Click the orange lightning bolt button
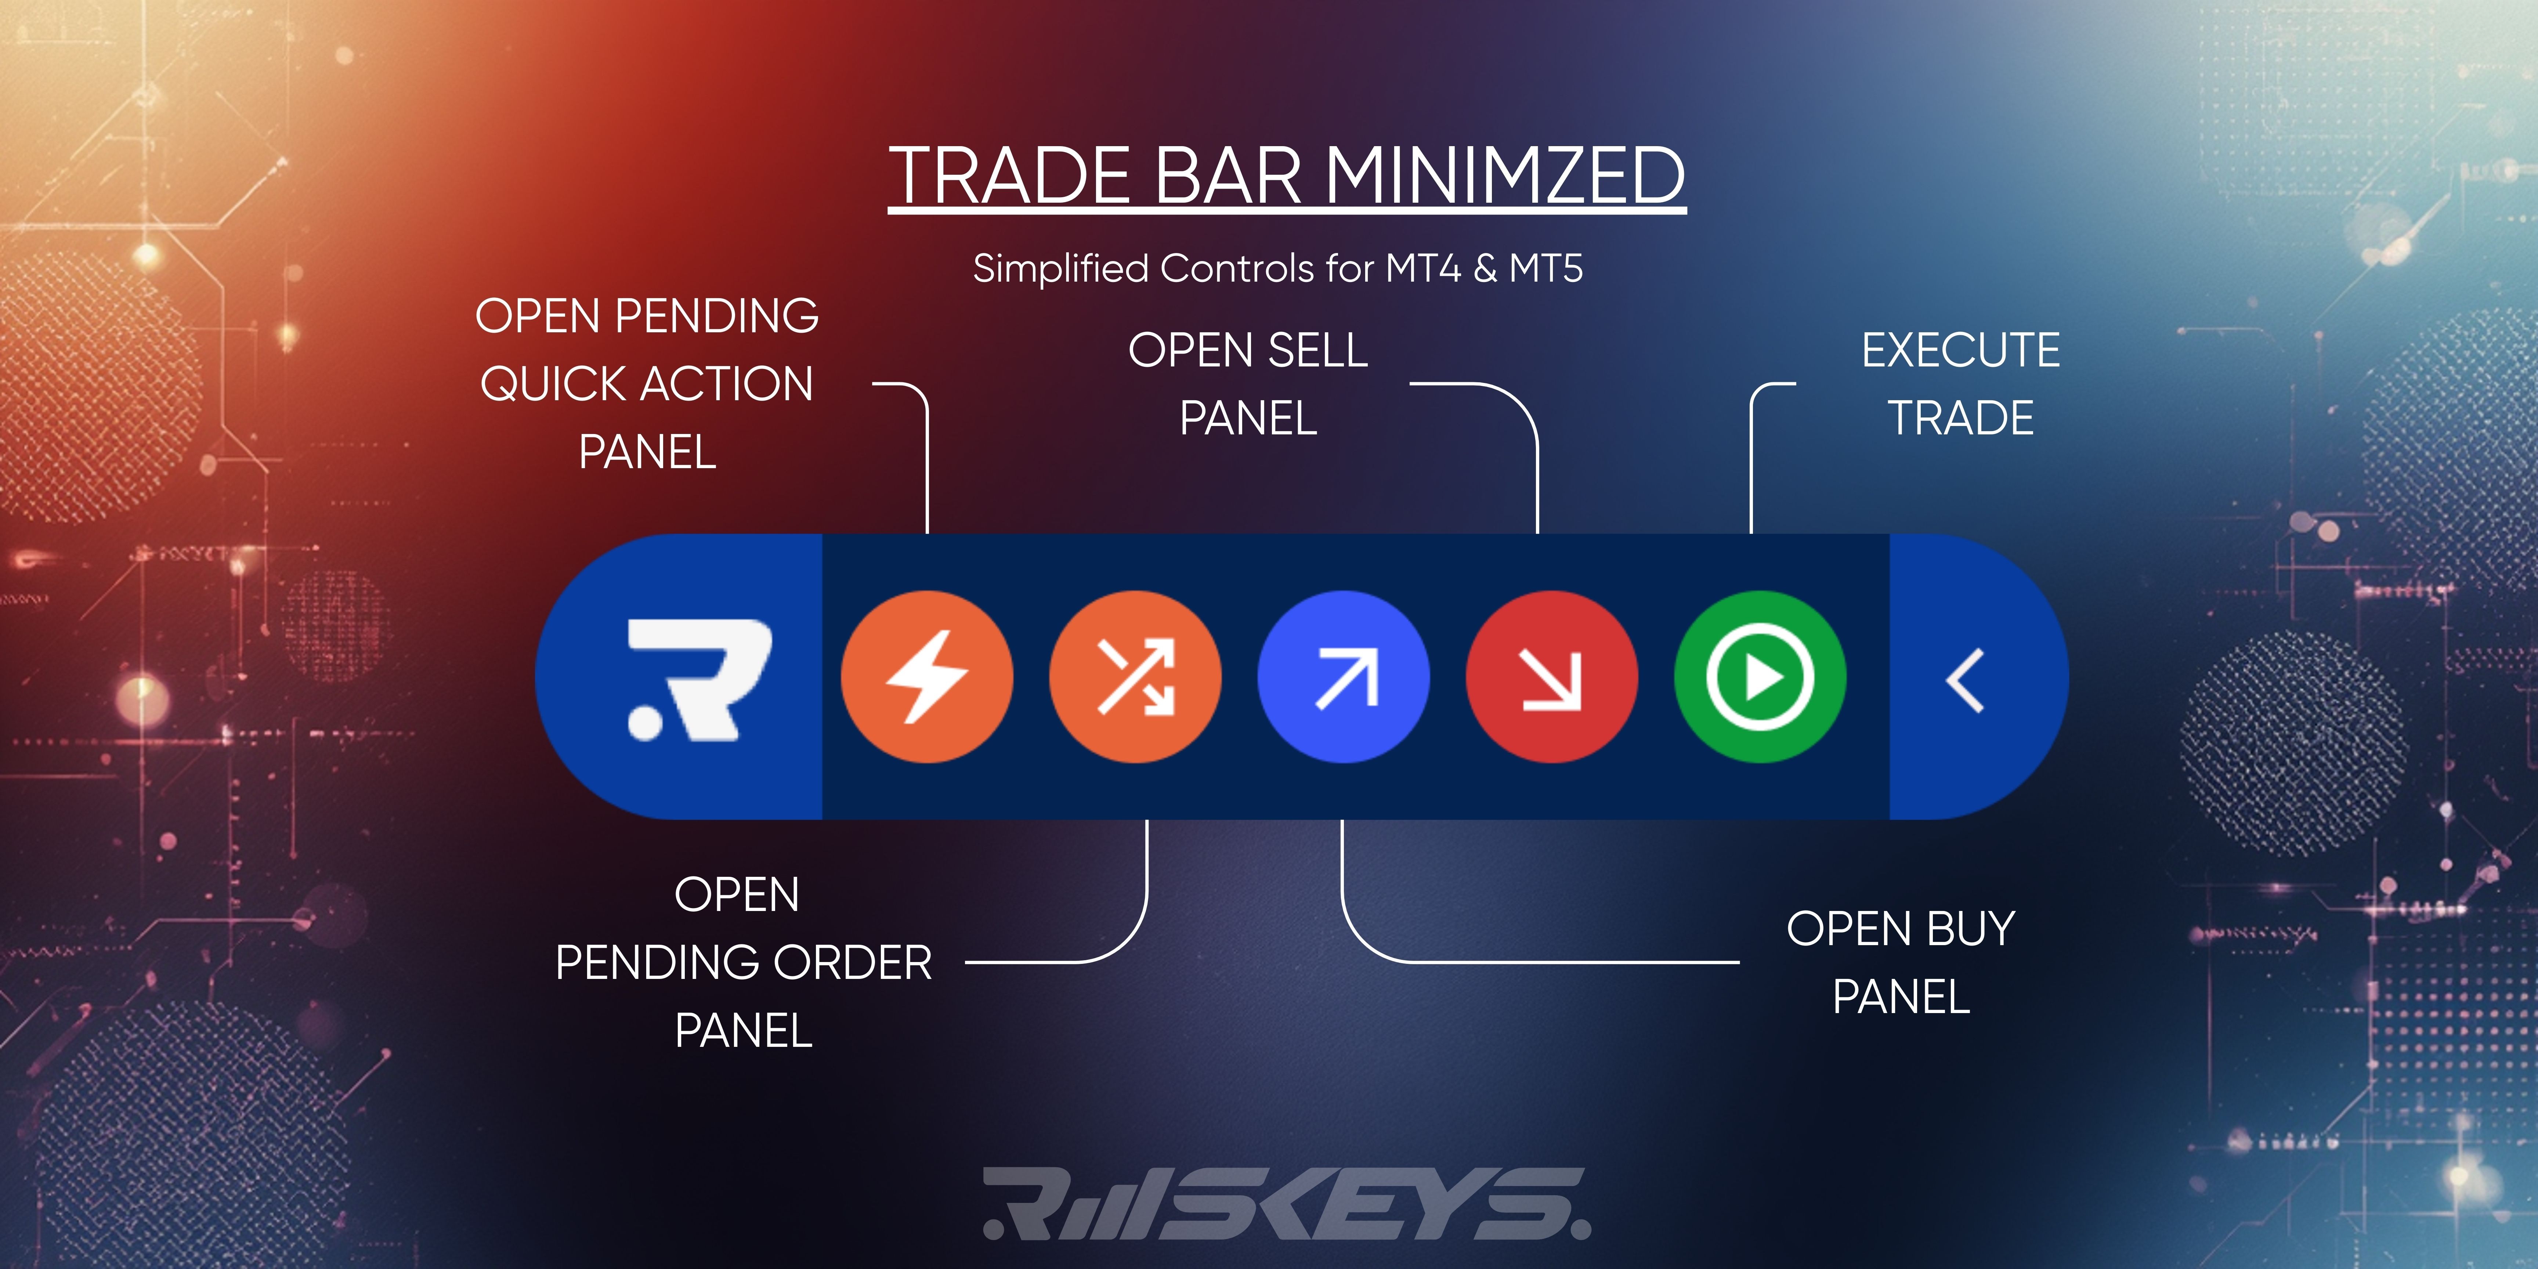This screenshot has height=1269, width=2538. point(926,677)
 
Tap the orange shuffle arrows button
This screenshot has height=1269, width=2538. point(1135,677)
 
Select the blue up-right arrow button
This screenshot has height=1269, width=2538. point(1344,677)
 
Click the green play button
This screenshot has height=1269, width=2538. point(1760,677)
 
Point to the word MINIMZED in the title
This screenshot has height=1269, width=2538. point(1504,176)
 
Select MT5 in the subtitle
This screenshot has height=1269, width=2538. point(1546,268)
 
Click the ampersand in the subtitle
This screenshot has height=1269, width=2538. point(1485,268)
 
